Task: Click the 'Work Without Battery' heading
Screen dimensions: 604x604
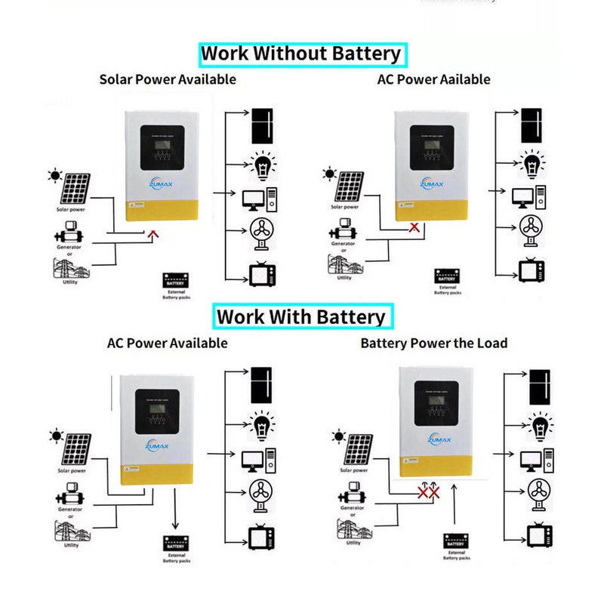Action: click(301, 54)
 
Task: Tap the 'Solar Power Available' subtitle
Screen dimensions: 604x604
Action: click(168, 79)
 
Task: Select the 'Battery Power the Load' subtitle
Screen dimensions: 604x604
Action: click(433, 343)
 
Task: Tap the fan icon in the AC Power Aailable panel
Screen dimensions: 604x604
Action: click(532, 230)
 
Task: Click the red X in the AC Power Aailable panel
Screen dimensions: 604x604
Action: click(413, 226)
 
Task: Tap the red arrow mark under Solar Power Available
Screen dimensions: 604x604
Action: click(153, 235)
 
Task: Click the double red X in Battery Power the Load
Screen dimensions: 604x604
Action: click(430, 492)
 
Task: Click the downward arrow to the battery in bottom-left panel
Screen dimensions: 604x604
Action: click(176, 514)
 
